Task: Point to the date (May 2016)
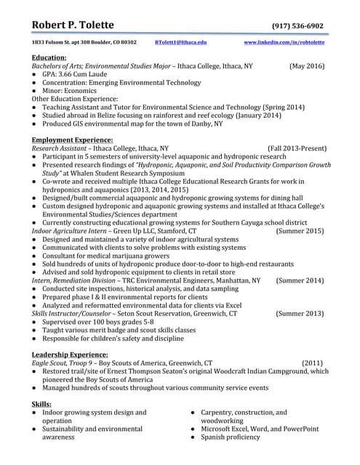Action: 307,66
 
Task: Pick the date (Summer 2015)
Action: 300,230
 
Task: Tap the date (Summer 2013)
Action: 300,314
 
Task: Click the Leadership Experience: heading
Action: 70,354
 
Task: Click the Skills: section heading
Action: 41,404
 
